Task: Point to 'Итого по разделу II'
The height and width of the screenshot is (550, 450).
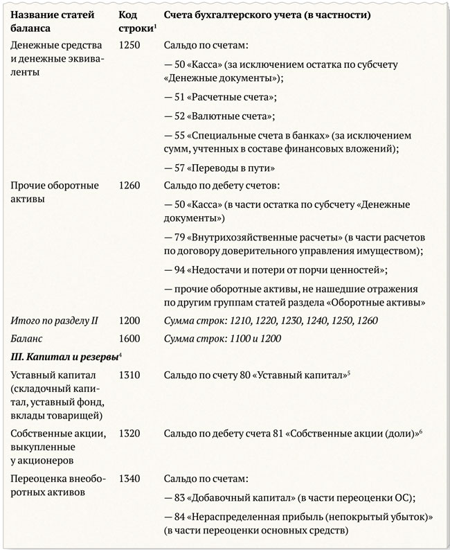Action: pyautogui.click(x=54, y=320)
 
